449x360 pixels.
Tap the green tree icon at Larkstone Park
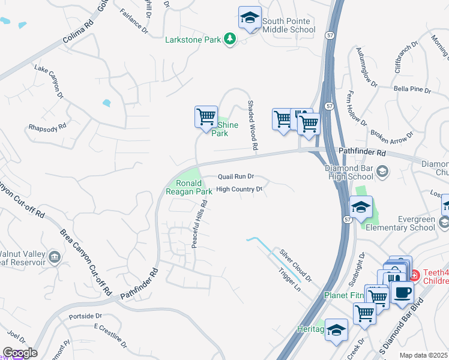coord(229,39)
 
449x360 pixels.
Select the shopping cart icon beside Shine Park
coord(206,115)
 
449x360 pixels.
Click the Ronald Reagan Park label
coord(189,187)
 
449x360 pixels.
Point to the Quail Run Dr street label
coord(237,177)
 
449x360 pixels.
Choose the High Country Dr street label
coord(240,189)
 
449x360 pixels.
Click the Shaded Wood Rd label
coord(253,125)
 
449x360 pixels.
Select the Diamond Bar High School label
coord(349,173)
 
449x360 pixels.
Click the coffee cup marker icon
coord(402,276)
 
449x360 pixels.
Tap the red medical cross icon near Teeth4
coord(414,275)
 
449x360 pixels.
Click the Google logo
coord(19,353)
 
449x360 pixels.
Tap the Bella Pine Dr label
coord(412,89)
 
